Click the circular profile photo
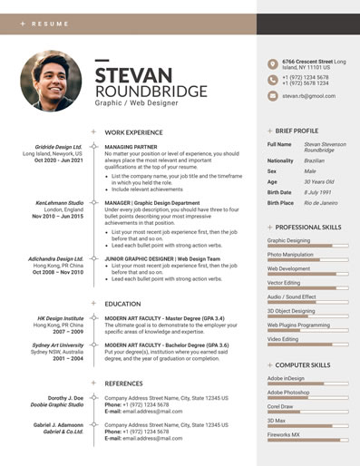[x=51, y=81]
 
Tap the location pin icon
[x=272, y=63]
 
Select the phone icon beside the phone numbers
[x=272, y=80]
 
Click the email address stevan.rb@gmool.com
[x=307, y=95]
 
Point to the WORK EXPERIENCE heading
[x=133, y=132]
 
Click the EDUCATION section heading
[x=122, y=304]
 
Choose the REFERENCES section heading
[x=124, y=383]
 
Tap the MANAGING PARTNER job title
[x=131, y=146]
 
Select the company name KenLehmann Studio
[x=60, y=203]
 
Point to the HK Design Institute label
[x=61, y=319]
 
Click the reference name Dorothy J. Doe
[x=65, y=398]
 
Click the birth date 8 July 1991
[x=318, y=192]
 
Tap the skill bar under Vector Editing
[x=308, y=290]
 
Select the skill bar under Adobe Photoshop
[x=308, y=400]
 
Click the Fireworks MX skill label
[x=284, y=434]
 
